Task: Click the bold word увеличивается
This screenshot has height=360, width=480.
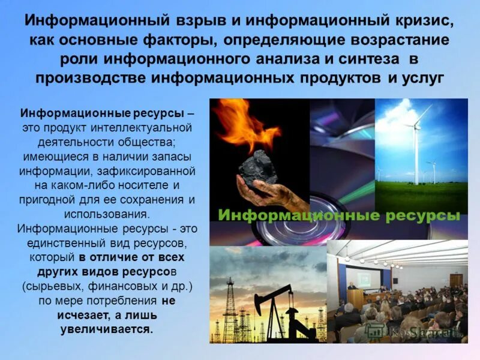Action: click(107, 329)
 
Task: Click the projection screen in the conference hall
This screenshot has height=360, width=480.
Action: click(364, 280)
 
